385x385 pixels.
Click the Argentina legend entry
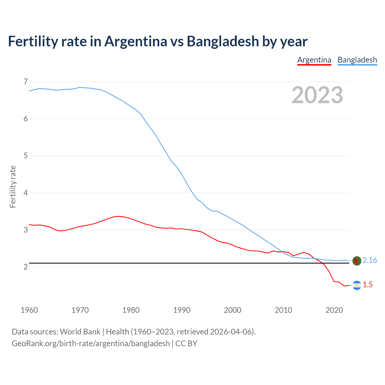(x=314, y=60)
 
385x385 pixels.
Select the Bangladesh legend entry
(x=357, y=60)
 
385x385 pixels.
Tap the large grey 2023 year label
(x=317, y=95)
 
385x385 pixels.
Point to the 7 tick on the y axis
(x=26, y=82)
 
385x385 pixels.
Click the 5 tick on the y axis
(x=26, y=156)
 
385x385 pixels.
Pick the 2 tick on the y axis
(x=26, y=267)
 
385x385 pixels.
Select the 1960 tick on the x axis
(x=29, y=310)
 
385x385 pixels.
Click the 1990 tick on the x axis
(x=182, y=310)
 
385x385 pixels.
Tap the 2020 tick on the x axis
(x=334, y=310)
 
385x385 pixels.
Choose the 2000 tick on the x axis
(x=233, y=310)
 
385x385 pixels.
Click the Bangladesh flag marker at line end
(x=357, y=261)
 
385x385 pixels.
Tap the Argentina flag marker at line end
(x=357, y=285)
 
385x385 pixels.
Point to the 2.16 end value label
(x=370, y=260)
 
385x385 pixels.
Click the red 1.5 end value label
(x=368, y=285)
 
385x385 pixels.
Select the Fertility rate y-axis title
(x=13, y=186)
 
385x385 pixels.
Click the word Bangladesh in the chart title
(x=223, y=42)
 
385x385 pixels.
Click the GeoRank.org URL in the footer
(x=91, y=343)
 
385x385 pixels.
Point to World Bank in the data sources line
(x=80, y=332)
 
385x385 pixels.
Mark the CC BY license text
(x=186, y=343)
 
